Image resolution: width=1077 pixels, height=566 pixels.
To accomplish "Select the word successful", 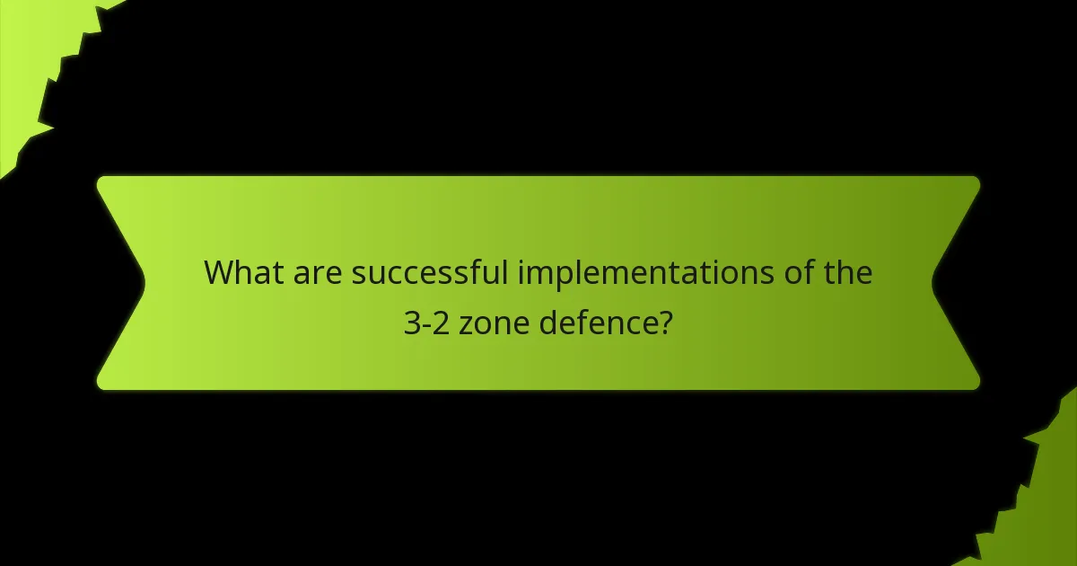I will (x=430, y=272).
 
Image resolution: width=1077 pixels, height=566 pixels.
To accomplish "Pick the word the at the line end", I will (x=847, y=272).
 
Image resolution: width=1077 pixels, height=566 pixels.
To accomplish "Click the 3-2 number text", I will (x=425, y=323).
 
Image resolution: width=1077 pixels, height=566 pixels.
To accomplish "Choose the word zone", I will (x=495, y=323).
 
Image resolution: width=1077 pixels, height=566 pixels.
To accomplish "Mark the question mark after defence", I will (x=666, y=323).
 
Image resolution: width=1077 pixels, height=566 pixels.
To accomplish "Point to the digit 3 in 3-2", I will (x=411, y=323).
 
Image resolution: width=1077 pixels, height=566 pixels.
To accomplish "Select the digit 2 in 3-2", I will (x=441, y=323).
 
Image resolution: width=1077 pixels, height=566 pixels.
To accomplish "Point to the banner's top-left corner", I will (x=101, y=180).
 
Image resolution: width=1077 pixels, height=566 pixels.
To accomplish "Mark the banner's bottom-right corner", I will (x=976, y=386).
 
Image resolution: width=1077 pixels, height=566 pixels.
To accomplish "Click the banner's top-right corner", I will (x=976, y=180).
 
